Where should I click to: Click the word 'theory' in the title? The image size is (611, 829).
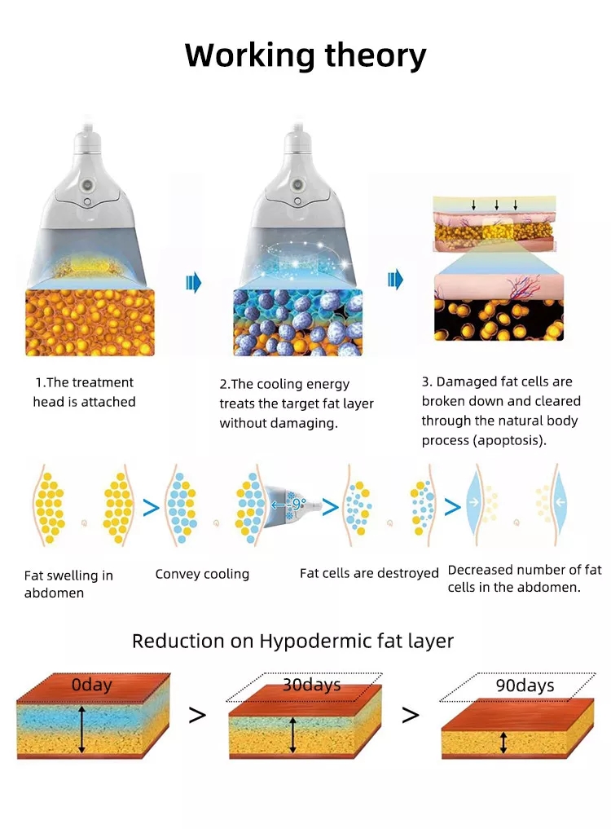(x=375, y=56)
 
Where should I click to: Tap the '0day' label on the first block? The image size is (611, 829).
(x=91, y=685)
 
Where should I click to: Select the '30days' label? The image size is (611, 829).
(x=311, y=686)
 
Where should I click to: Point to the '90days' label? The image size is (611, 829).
(x=525, y=686)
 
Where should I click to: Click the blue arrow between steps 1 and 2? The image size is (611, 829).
(x=193, y=283)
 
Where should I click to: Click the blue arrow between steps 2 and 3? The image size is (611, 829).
(x=395, y=280)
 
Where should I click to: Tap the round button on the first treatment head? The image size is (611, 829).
(x=87, y=186)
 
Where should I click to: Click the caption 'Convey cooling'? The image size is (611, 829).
(x=202, y=574)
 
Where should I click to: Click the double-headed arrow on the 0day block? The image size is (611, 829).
(x=81, y=729)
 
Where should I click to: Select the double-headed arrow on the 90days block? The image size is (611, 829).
(x=503, y=743)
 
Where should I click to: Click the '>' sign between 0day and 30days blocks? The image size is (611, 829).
(x=197, y=716)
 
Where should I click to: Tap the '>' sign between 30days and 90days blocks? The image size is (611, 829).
(x=410, y=716)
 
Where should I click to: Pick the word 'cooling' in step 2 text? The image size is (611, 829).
(x=281, y=385)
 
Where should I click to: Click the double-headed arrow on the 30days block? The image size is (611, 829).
(x=292, y=735)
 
